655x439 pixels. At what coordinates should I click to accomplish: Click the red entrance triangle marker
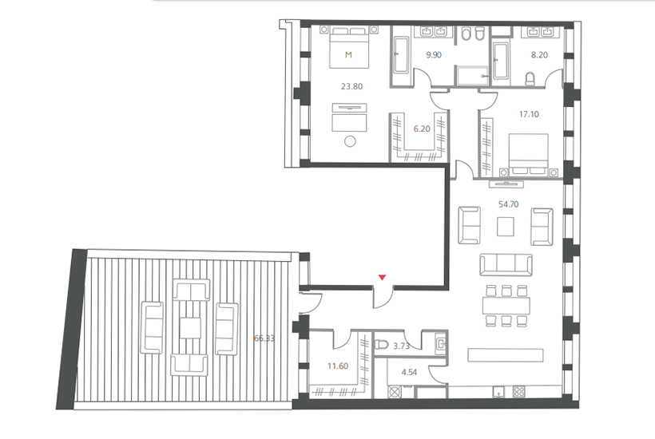click(382, 277)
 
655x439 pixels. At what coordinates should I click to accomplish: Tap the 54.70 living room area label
click(508, 204)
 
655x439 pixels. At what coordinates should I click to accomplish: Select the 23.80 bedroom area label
click(351, 86)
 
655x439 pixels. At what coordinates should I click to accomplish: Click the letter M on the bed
click(348, 54)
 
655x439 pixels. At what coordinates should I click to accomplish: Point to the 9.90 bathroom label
click(434, 54)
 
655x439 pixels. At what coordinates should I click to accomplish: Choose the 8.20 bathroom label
click(539, 54)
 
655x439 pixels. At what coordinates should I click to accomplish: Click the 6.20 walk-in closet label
click(422, 129)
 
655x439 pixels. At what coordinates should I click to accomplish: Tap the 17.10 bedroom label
click(529, 114)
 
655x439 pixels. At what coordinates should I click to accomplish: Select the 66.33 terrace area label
click(264, 338)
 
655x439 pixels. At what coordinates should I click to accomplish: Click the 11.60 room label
click(338, 366)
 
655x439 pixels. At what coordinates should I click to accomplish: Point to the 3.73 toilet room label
click(401, 346)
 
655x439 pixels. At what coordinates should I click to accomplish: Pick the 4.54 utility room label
click(409, 372)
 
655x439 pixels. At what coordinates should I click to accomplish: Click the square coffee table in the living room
click(506, 227)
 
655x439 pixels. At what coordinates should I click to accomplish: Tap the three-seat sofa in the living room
click(506, 264)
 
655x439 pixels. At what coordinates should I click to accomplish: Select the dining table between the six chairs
click(506, 306)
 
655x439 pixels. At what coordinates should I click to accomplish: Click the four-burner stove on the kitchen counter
click(518, 392)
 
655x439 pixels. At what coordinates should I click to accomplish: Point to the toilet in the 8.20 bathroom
click(530, 79)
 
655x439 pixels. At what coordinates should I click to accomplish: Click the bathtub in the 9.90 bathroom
click(401, 55)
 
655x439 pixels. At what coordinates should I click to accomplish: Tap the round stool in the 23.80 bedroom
click(350, 141)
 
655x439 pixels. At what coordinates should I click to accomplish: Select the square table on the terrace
click(190, 328)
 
